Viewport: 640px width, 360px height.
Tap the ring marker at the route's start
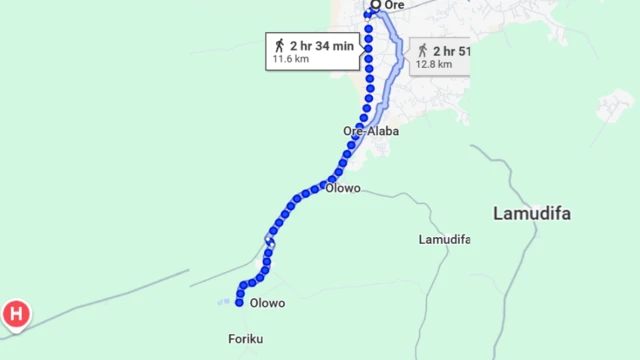[376, 5]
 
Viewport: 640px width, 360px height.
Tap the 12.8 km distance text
[435, 65]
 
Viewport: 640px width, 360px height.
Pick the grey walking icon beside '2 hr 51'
[422, 50]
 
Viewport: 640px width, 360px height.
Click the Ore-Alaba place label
[371, 131]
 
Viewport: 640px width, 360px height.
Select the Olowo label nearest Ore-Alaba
[343, 188]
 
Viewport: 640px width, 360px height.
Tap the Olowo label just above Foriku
[268, 303]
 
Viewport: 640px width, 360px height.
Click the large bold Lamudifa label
[539, 213]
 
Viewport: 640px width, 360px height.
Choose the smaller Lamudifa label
[444, 240]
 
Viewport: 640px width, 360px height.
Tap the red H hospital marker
[16, 314]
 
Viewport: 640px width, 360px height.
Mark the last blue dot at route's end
[240, 301]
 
